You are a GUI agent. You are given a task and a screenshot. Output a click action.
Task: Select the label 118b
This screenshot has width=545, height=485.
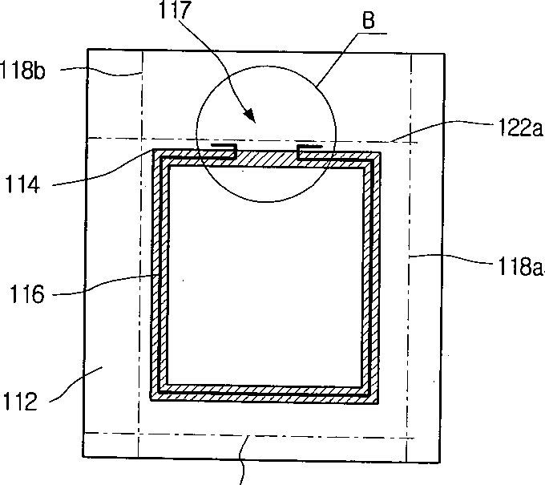pos(26,70)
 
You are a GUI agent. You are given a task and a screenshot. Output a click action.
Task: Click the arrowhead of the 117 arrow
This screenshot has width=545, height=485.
pos(252,120)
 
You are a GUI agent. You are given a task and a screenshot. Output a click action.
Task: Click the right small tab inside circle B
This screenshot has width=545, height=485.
pos(313,148)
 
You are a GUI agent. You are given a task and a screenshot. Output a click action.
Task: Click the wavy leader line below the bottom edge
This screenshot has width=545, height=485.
pos(242,461)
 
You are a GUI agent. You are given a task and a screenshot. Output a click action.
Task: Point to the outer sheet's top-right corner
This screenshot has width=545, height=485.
pos(443,55)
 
